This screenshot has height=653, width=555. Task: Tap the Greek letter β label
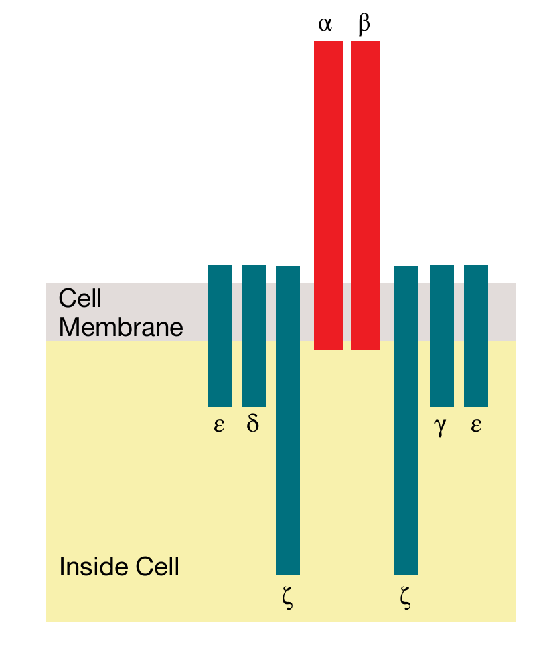click(x=364, y=25)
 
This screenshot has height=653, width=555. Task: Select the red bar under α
click(x=328, y=194)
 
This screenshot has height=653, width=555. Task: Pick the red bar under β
click(x=365, y=194)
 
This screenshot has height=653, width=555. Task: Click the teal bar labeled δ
click(x=254, y=335)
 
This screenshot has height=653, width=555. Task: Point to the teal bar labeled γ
click(x=441, y=335)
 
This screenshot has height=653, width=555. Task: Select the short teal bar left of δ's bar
click(x=220, y=335)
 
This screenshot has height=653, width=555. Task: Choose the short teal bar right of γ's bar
click(x=476, y=335)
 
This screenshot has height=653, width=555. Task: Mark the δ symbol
click(x=252, y=424)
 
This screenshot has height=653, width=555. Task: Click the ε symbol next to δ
click(x=219, y=426)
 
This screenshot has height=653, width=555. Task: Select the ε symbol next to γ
click(x=476, y=426)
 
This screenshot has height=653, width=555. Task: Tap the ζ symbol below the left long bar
click(x=288, y=596)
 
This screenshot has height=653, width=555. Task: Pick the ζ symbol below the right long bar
click(x=404, y=596)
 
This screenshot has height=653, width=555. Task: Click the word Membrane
click(x=121, y=327)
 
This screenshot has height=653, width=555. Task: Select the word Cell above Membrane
click(x=80, y=298)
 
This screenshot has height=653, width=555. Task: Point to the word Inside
click(x=92, y=567)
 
